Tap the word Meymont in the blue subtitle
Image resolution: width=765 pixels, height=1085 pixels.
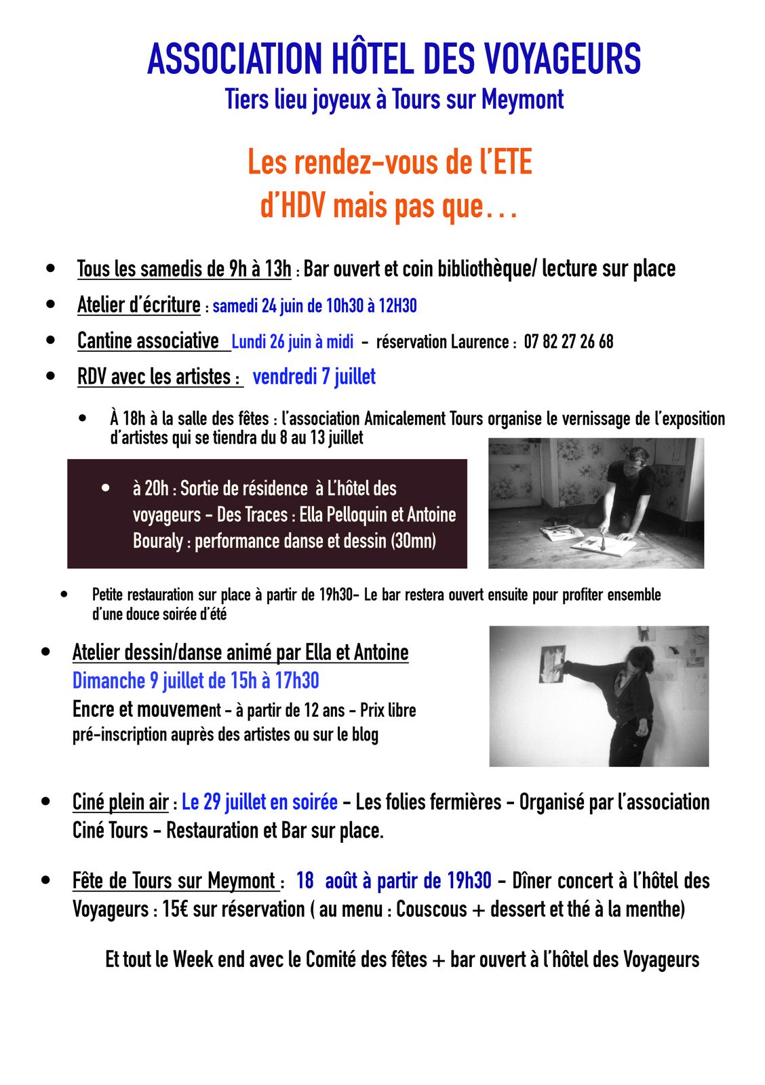click(x=522, y=100)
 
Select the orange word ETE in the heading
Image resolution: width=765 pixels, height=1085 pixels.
click(x=509, y=163)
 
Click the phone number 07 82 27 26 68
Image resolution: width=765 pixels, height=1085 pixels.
click(x=568, y=342)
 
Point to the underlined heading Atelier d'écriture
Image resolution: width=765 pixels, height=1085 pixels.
click(x=139, y=305)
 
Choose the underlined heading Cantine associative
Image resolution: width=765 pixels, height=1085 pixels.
click(x=149, y=341)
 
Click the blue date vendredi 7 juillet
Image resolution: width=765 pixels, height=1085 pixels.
click(x=314, y=376)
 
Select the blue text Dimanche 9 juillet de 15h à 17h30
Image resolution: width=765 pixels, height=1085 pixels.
click(x=195, y=681)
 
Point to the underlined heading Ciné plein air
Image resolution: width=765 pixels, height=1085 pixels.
click(x=120, y=802)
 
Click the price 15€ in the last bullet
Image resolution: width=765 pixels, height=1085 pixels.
click(x=175, y=909)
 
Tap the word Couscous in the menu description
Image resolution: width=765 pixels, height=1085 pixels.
click(x=431, y=909)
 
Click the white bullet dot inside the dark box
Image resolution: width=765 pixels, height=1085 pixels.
click(x=105, y=488)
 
